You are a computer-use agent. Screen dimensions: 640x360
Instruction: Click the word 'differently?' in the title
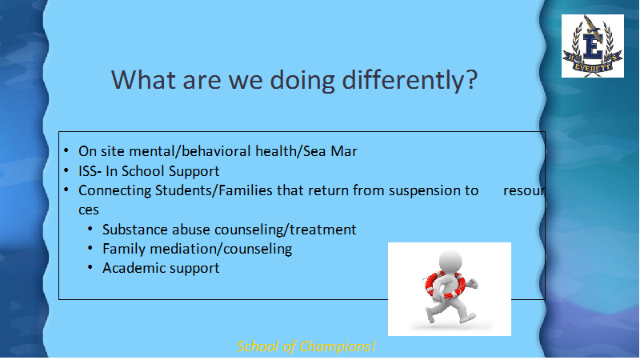(410, 80)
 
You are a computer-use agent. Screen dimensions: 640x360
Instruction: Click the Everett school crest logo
(593, 46)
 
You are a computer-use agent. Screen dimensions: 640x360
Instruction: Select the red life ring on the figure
(446, 285)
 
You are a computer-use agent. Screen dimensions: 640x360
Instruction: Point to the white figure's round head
(450, 262)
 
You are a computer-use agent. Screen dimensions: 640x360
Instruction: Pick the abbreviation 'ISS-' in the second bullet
(90, 171)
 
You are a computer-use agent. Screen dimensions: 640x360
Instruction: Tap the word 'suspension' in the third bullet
(424, 191)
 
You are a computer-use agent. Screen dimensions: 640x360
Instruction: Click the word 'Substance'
(135, 230)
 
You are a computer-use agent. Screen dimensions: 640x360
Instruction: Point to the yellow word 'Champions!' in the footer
(337, 347)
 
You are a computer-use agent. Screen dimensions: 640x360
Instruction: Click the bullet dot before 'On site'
(66, 151)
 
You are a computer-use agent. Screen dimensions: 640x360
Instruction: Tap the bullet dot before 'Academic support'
(90, 268)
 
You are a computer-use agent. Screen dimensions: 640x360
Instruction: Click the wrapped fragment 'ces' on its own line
(89, 210)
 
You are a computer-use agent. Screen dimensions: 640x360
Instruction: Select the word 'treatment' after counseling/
(323, 230)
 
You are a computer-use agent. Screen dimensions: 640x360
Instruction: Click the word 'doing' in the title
(302, 80)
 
